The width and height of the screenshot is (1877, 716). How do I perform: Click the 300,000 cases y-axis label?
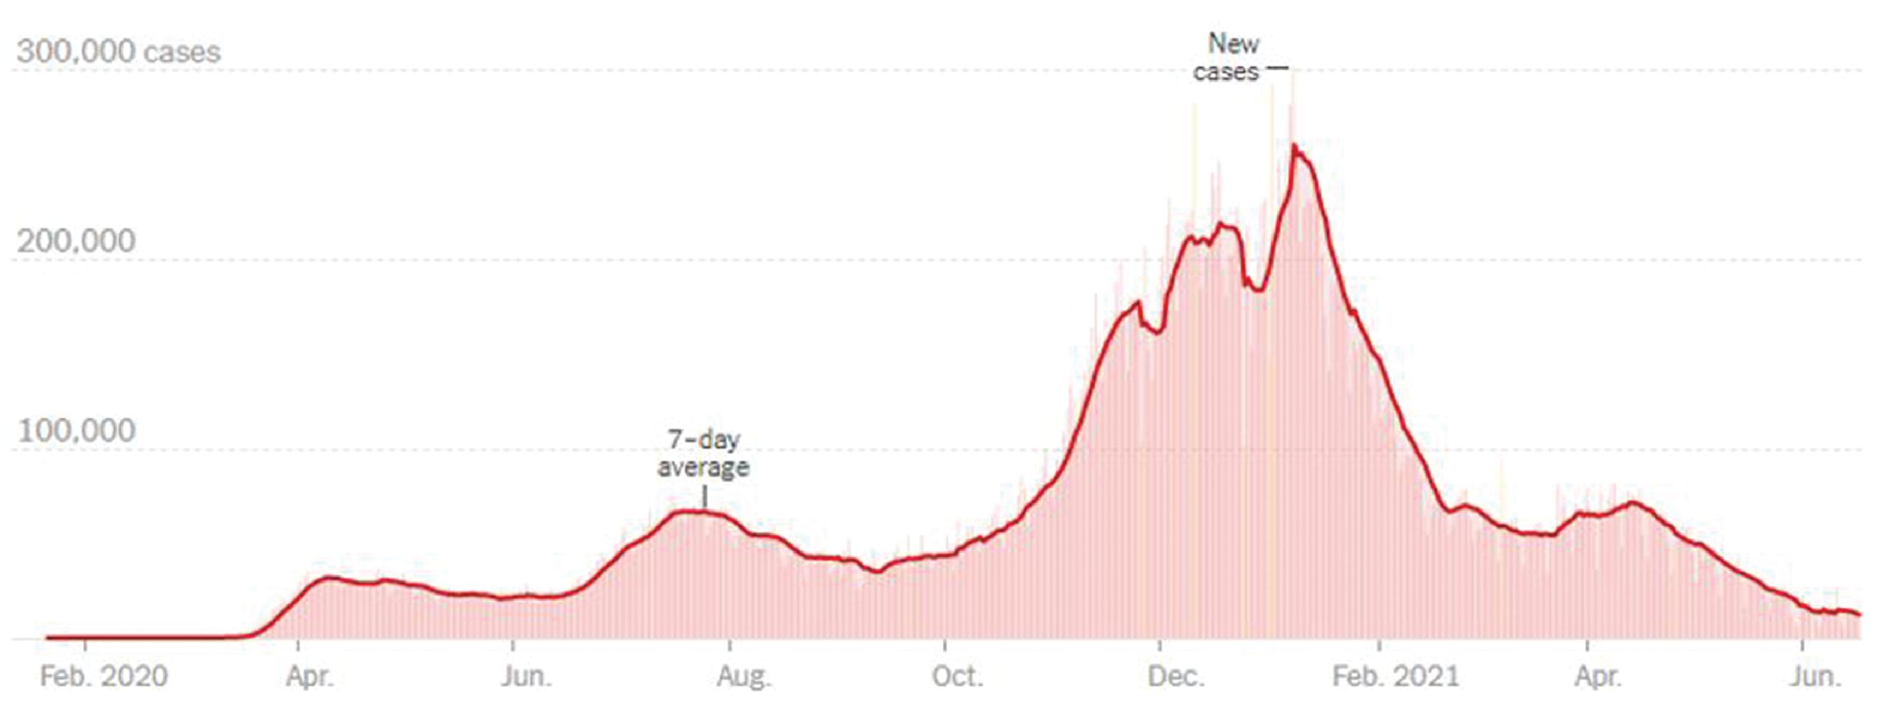118,52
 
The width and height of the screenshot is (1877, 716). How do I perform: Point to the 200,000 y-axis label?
76,241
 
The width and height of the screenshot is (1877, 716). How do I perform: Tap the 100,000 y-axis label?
76,431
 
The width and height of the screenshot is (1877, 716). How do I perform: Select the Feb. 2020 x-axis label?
104,676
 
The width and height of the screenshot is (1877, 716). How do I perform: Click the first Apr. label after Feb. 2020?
309,676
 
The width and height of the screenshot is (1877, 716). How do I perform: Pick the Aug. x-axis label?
742,676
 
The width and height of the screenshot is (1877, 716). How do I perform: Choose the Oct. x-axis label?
957,676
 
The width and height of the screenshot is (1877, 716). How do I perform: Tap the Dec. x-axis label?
1174,676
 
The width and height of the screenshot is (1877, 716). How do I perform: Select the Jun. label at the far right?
1814,676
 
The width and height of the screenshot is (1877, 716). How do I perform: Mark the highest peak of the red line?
1294,146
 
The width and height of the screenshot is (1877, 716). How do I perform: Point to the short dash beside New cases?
1278,69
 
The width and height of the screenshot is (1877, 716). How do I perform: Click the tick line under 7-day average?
704,497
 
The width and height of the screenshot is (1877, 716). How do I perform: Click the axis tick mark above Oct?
945,645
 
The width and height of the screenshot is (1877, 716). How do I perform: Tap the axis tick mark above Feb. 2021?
1379,645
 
